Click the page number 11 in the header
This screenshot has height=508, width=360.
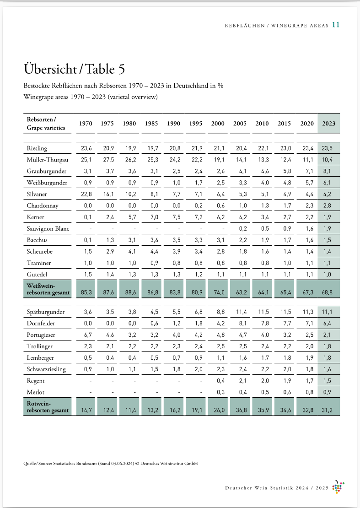(336, 25)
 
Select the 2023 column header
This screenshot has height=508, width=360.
(328, 124)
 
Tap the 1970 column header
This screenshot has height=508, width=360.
(86, 124)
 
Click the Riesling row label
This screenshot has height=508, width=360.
(37, 148)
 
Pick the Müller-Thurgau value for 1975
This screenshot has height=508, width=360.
(107, 160)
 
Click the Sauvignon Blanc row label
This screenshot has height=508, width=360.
(48, 228)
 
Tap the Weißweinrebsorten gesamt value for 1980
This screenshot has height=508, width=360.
(129, 292)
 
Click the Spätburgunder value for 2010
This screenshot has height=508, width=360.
(262, 312)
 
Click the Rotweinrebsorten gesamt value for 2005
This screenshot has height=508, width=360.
(240, 410)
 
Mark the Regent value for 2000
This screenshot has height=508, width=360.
(218, 381)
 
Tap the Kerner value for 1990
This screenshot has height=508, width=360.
(174, 217)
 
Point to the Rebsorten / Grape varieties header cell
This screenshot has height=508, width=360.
(46, 124)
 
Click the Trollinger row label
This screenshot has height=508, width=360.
(40, 346)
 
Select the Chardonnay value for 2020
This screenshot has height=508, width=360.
(306, 205)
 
